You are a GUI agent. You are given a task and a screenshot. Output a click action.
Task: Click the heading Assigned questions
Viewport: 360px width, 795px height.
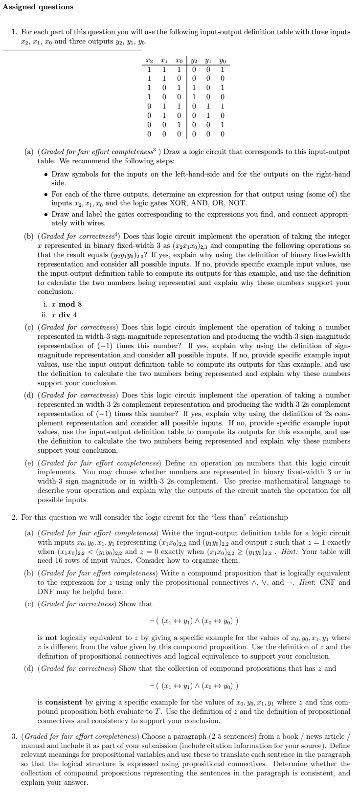point(38,7)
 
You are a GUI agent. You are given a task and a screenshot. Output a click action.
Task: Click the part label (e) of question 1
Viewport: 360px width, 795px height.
point(29,463)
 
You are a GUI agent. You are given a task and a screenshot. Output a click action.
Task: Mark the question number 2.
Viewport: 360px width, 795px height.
point(14,517)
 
